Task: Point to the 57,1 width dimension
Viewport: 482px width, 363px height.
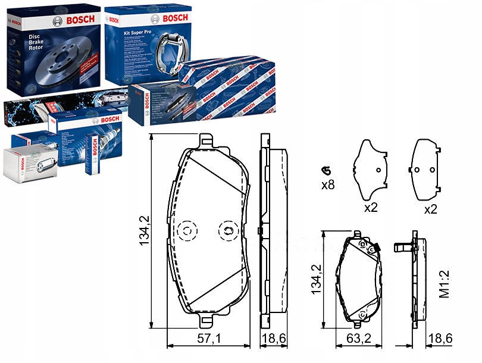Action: (209, 339)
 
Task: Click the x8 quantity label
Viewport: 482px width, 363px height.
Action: (328, 185)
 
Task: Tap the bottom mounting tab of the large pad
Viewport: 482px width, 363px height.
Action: (206, 321)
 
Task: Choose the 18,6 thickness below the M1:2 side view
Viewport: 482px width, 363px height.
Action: (440, 339)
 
